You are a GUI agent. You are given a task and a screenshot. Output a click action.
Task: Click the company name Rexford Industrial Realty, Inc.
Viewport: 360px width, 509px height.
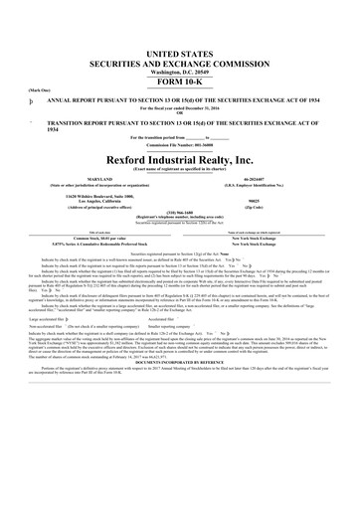click(x=179, y=158)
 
